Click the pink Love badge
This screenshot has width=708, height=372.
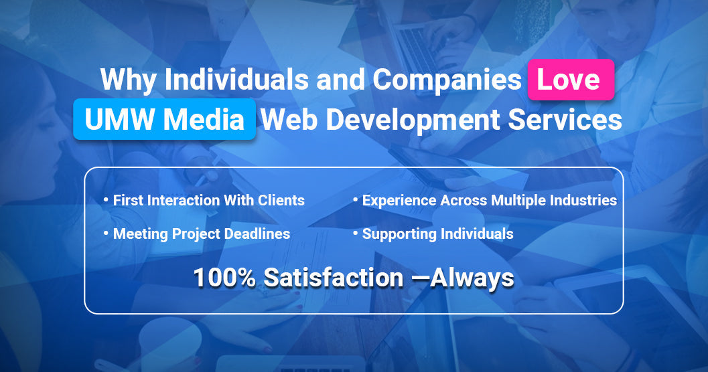pos(571,80)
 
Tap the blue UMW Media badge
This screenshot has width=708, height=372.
pos(164,119)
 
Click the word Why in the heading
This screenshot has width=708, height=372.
pos(128,80)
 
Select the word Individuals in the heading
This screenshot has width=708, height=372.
pos(236,79)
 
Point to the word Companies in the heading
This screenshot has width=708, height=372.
pos(447,80)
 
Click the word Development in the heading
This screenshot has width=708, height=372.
pos(413,120)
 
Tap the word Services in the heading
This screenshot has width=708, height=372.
pos(565,120)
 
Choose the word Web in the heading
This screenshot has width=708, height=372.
pos(289,120)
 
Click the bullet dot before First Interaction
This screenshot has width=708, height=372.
pos(106,199)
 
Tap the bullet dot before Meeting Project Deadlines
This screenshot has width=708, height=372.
pos(106,233)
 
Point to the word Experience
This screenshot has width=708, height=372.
pos(399,201)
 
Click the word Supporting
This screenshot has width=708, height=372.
pos(399,234)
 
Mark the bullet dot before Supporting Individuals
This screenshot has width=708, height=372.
pos(356,233)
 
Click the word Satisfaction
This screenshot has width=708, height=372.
pos(334,277)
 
